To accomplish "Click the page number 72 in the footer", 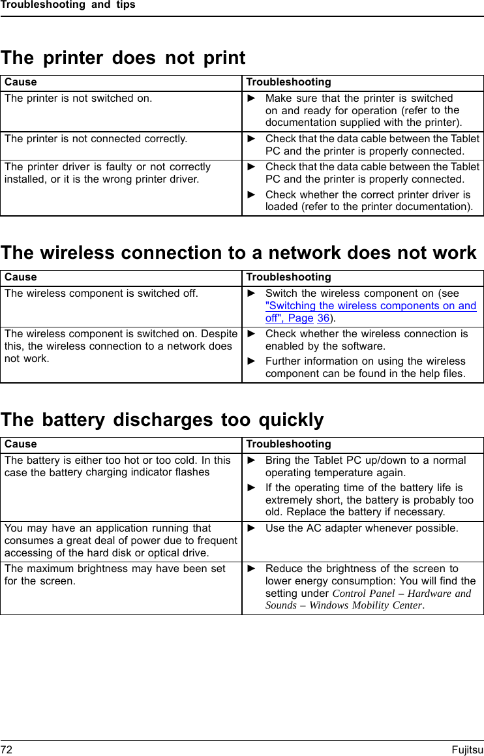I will [x=7, y=749].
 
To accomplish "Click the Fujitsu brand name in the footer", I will [x=467, y=749].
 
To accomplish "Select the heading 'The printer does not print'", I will [x=123, y=58].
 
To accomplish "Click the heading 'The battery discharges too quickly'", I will [x=162, y=419].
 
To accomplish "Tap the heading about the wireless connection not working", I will [x=239, y=253].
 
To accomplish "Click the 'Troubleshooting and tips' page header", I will [x=68, y=5].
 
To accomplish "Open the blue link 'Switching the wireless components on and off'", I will [x=371, y=306].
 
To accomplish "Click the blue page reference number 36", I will [x=323, y=318].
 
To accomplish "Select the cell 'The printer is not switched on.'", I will [x=78, y=98].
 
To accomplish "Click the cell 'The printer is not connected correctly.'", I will [x=96, y=139].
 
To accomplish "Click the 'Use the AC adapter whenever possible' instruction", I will [x=361, y=528].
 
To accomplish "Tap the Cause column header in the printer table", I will [x=21, y=82].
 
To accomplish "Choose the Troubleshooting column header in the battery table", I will [x=288, y=444].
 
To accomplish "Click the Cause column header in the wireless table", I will [x=21, y=277].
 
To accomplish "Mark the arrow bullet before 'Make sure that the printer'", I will [x=252, y=98].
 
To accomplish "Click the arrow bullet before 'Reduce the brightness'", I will [x=252, y=569].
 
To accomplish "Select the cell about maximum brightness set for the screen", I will [x=115, y=574].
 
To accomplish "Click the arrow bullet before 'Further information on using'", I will [x=252, y=361].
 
